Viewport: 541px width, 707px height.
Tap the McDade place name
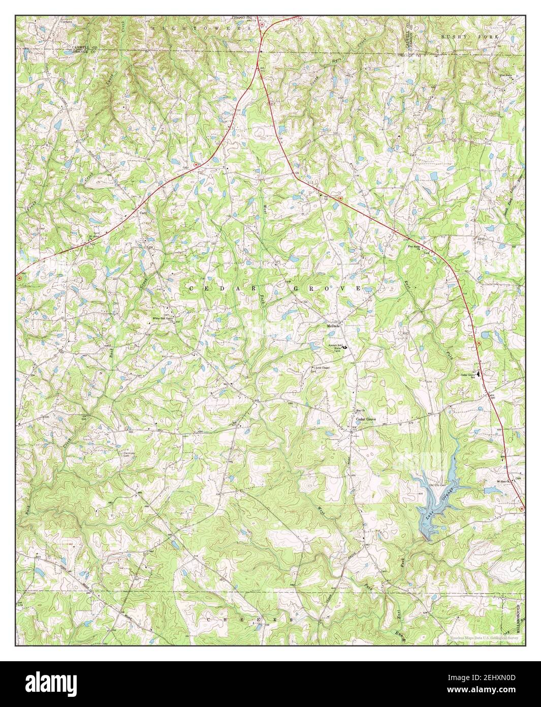click(333, 326)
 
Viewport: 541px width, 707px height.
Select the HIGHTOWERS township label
click(201, 29)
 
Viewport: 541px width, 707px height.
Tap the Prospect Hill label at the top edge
click(242, 17)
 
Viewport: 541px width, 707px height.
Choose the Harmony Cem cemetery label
click(130, 454)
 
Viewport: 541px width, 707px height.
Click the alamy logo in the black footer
click(62, 684)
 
